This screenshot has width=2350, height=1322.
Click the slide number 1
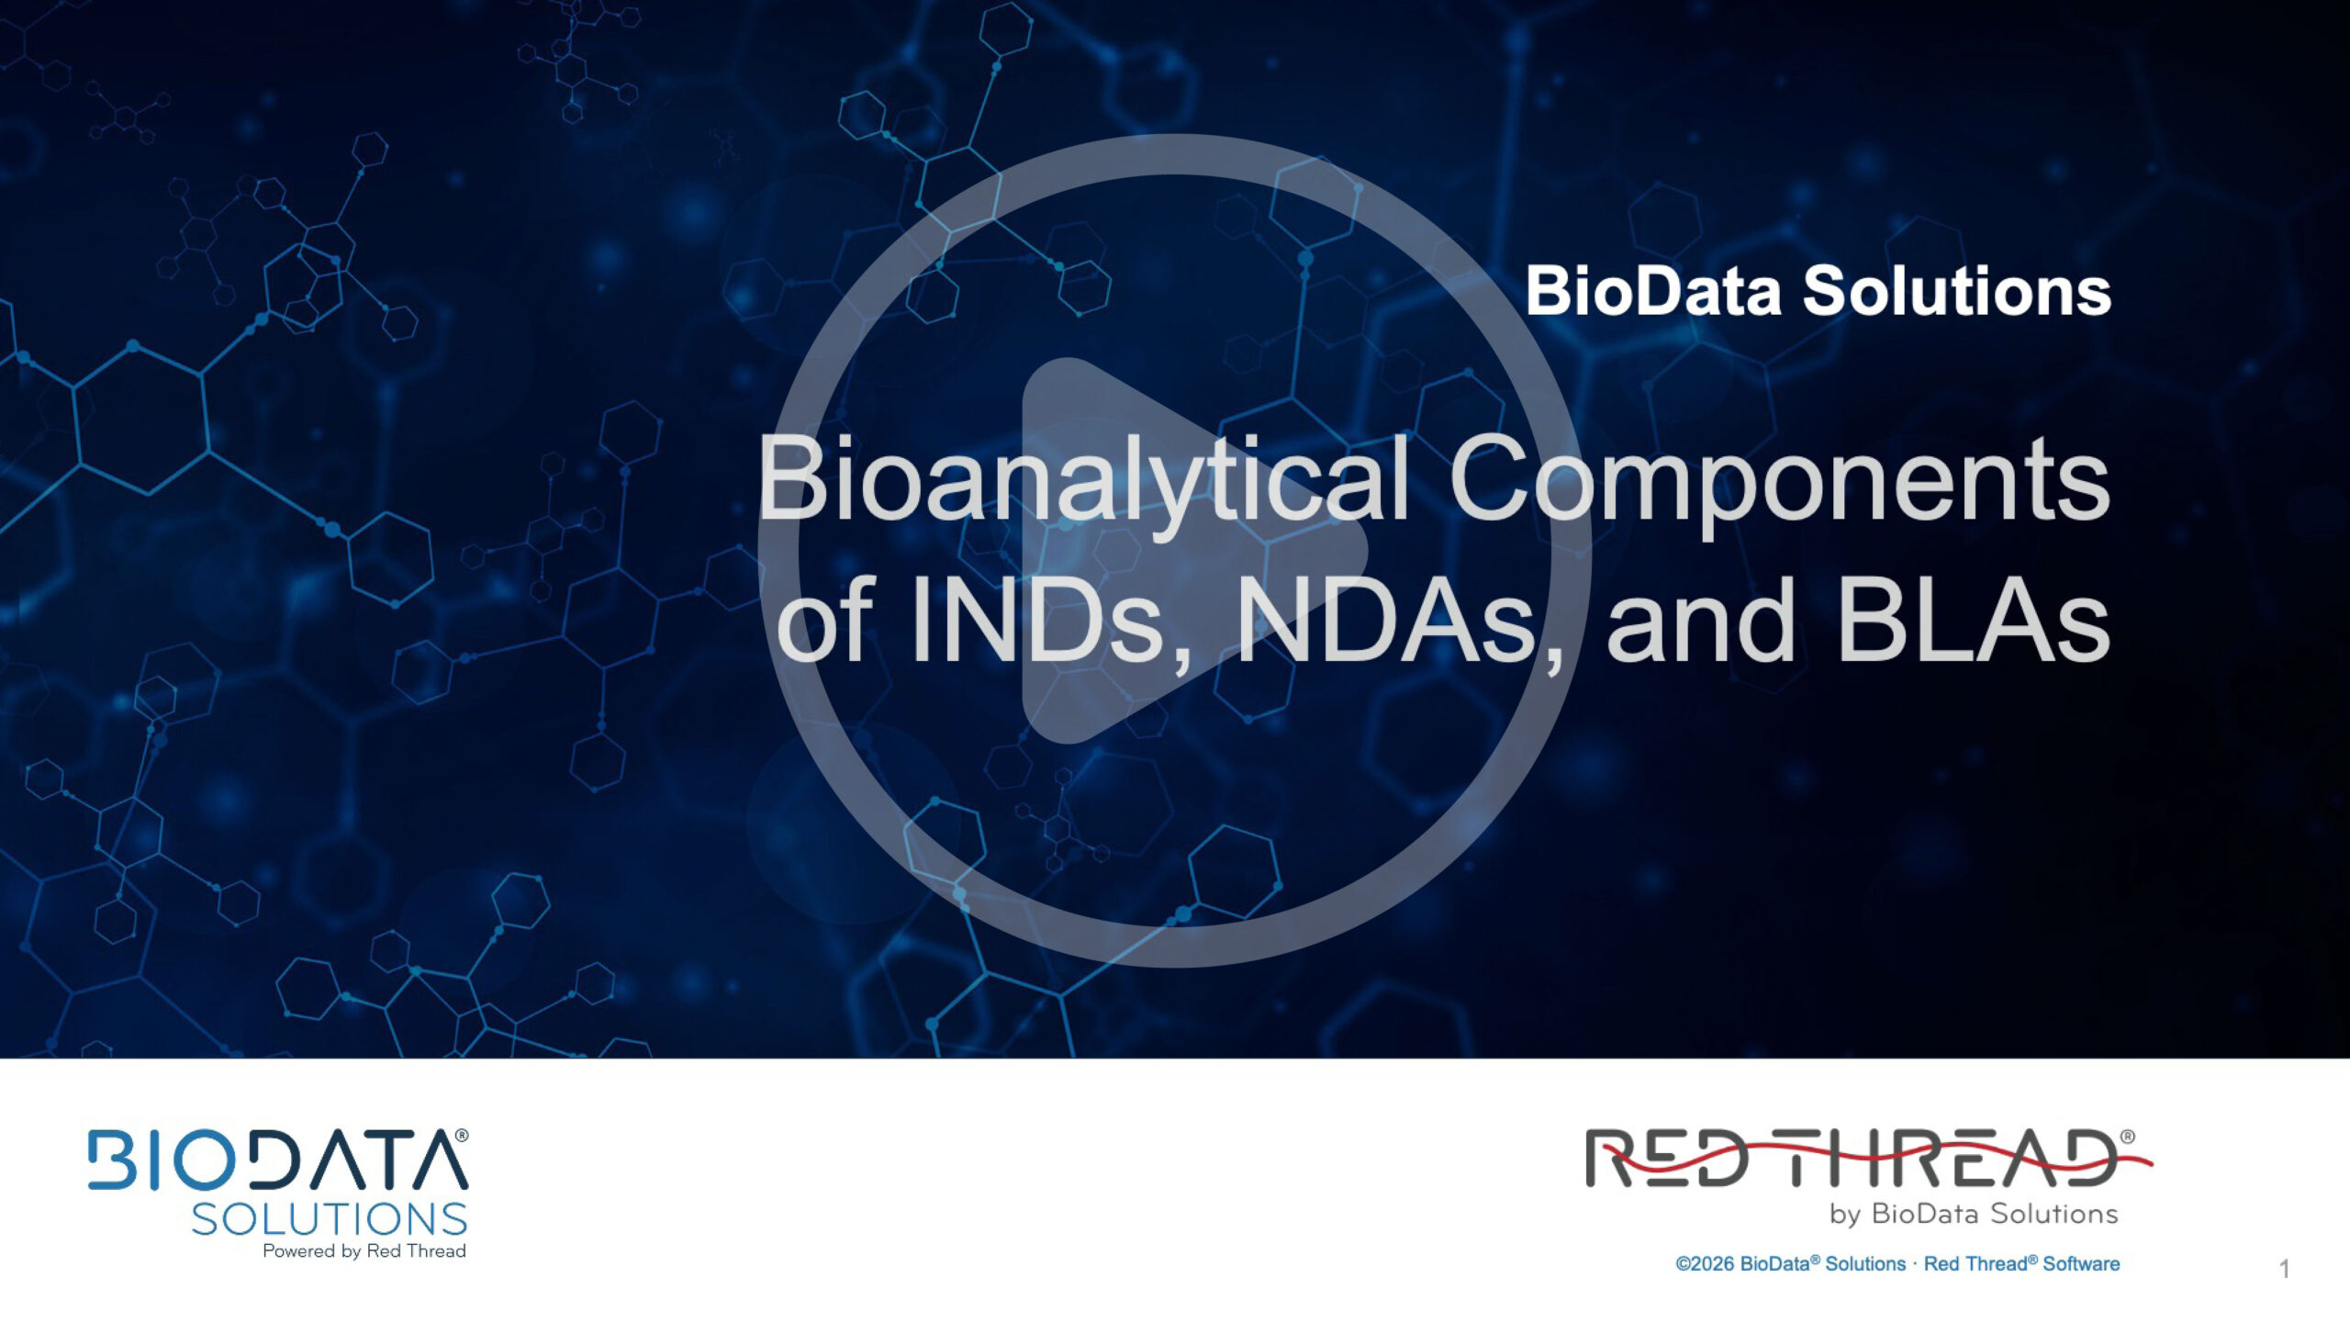click(x=2284, y=1269)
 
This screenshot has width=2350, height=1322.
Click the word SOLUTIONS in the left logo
click(x=330, y=1219)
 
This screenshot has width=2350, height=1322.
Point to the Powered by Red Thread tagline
click(x=364, y=1251)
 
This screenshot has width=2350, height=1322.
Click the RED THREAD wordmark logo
click(x=1863, y=1159)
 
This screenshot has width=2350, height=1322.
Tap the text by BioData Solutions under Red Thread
click(x=1974, y=1214)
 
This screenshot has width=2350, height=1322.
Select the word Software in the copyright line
click(x=2081, y=1264)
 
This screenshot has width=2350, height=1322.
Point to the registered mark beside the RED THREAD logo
click(x=2128, y=1137)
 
